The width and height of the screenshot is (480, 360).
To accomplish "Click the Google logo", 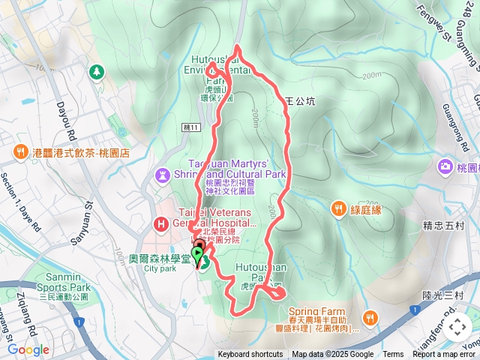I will (x=28, y=349).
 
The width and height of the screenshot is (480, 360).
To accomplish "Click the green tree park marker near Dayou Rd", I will (x=96, y=72).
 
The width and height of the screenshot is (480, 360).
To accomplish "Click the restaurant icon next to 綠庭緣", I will (x=339, y=208).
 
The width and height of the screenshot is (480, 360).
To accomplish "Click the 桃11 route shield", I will (x=192, y=128).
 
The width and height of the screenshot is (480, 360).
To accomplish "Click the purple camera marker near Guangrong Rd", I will (x=445, y=166).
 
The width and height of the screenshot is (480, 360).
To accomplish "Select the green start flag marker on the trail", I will (x=198, y=257).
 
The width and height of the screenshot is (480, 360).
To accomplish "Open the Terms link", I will (x=393, y=355).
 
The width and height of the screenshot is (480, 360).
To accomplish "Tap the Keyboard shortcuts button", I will (x=250, y=355).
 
